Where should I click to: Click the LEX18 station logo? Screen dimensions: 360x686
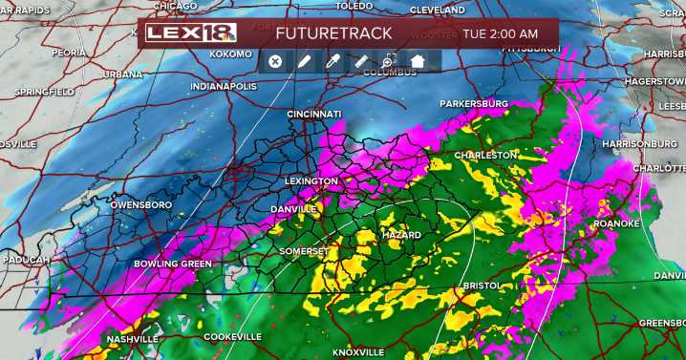[191, 33]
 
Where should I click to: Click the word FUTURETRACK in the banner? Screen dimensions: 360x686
[333, 33]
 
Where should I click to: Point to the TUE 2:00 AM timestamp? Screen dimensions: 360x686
[500, 33]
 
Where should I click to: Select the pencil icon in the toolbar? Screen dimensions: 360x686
[304, 61]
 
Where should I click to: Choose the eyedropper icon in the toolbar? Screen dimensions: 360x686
[332, 61]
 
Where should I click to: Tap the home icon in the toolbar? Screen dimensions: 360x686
[418, 61]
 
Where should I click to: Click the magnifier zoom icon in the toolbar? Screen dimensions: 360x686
[389, 61]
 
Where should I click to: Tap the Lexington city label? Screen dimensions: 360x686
[311, 180]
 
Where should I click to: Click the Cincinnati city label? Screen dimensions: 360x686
[314, 114]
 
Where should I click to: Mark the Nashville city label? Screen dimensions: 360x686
[133, 339]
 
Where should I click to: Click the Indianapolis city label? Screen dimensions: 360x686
[224, 86]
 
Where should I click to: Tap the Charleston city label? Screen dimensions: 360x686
[485, 155]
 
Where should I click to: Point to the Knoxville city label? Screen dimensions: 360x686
[358, 352]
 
